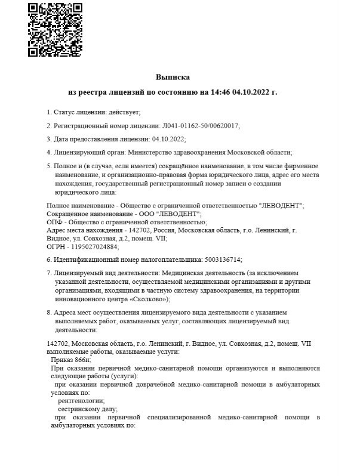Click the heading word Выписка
click(173, 78)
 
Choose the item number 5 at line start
click(48, 165)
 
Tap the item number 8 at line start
click(48, 313)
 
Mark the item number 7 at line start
click(48, 273)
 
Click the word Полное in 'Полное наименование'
click(58, 205)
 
